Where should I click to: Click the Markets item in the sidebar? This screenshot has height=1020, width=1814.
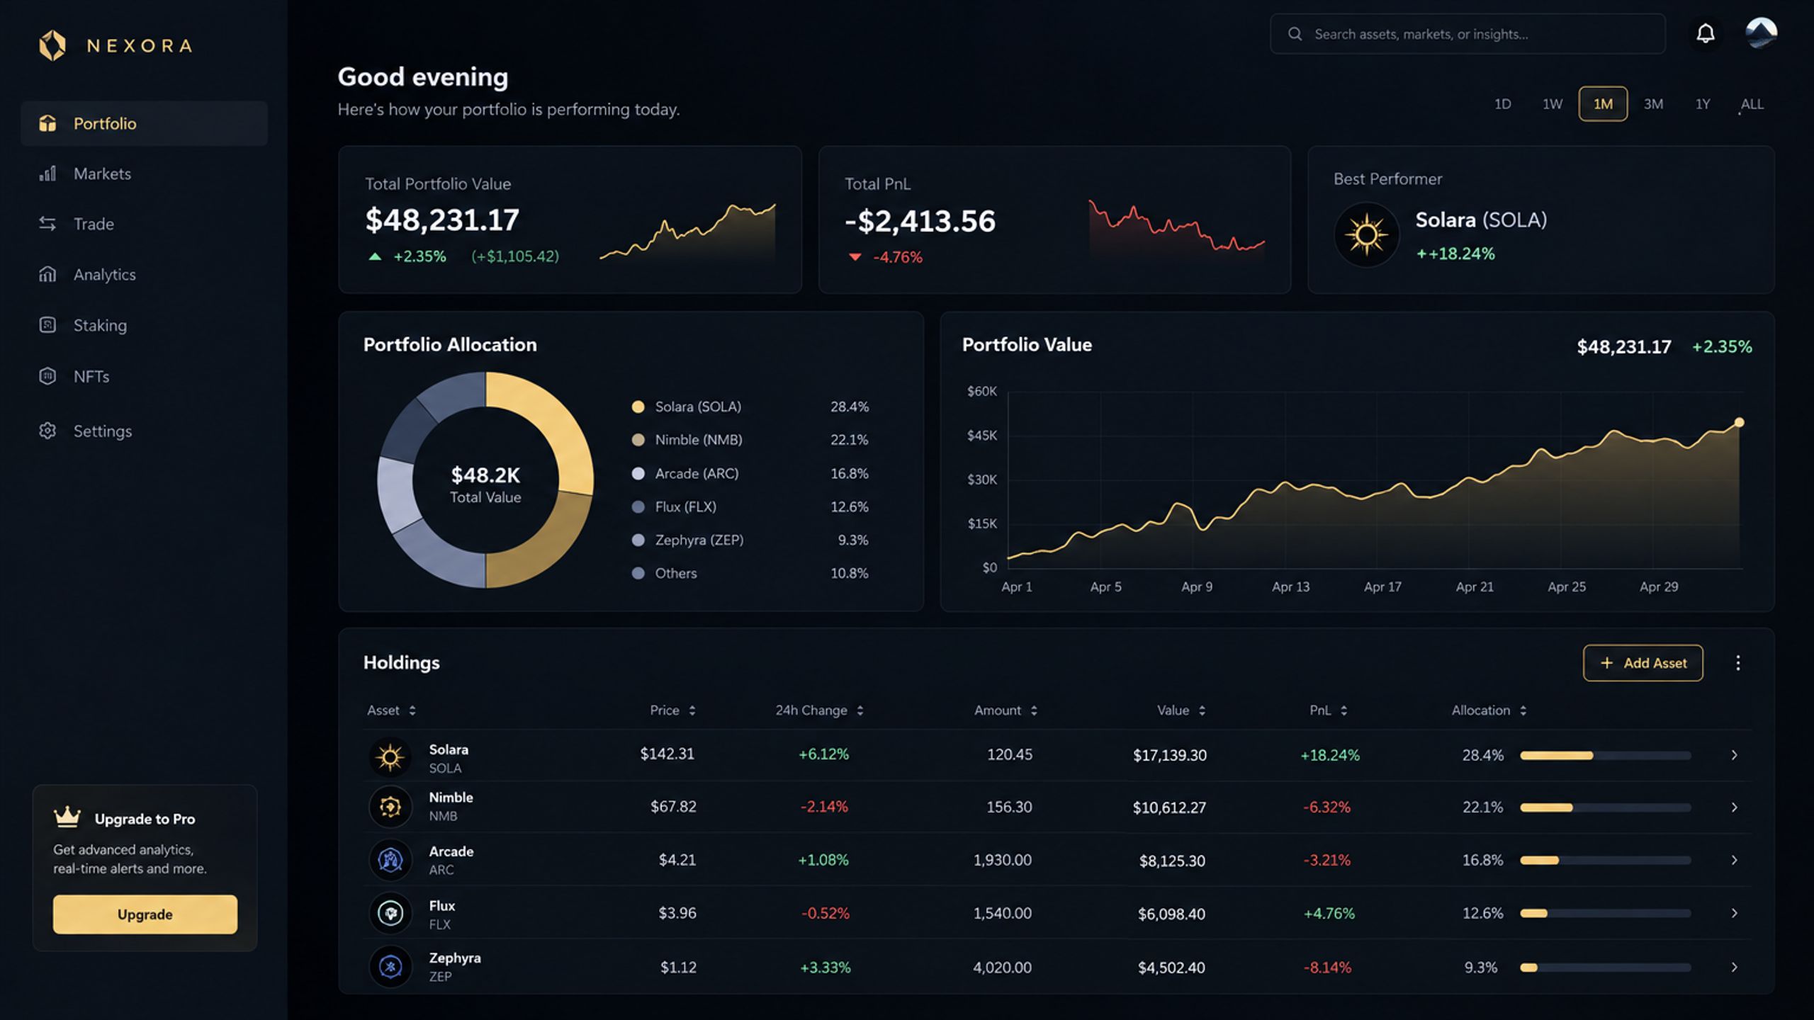[x=85, y=174]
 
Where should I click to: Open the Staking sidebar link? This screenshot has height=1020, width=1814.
[x=83, y=325]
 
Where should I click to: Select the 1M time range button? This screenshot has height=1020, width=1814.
[x=1603, y=104]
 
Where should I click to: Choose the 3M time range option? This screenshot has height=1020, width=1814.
[x=1653, y=104]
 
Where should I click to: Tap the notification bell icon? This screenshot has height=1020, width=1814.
[x=1706, y=33]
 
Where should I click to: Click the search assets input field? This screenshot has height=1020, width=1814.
[x=1467, y=34]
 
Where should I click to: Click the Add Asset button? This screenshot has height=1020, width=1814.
[x=1643, y=663]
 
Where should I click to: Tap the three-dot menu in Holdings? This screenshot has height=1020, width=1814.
[x=1738, y=663]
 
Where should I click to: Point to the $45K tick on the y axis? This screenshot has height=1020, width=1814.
[x=982, y=435]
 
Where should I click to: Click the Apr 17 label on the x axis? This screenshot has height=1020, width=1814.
[x=1382, y=586]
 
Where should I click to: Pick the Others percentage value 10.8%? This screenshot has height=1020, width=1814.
[x=850, y=573]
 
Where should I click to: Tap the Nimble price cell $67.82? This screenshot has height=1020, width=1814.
[x=673, y=807]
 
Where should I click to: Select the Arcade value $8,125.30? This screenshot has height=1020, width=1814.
[x=1172, y=861]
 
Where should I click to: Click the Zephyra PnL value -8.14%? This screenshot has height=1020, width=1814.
[x=1327, y=968]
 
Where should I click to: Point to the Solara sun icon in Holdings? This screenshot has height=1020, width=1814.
[x=390, y=757]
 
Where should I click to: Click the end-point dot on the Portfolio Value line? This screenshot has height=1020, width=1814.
[x=1739, y=423]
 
